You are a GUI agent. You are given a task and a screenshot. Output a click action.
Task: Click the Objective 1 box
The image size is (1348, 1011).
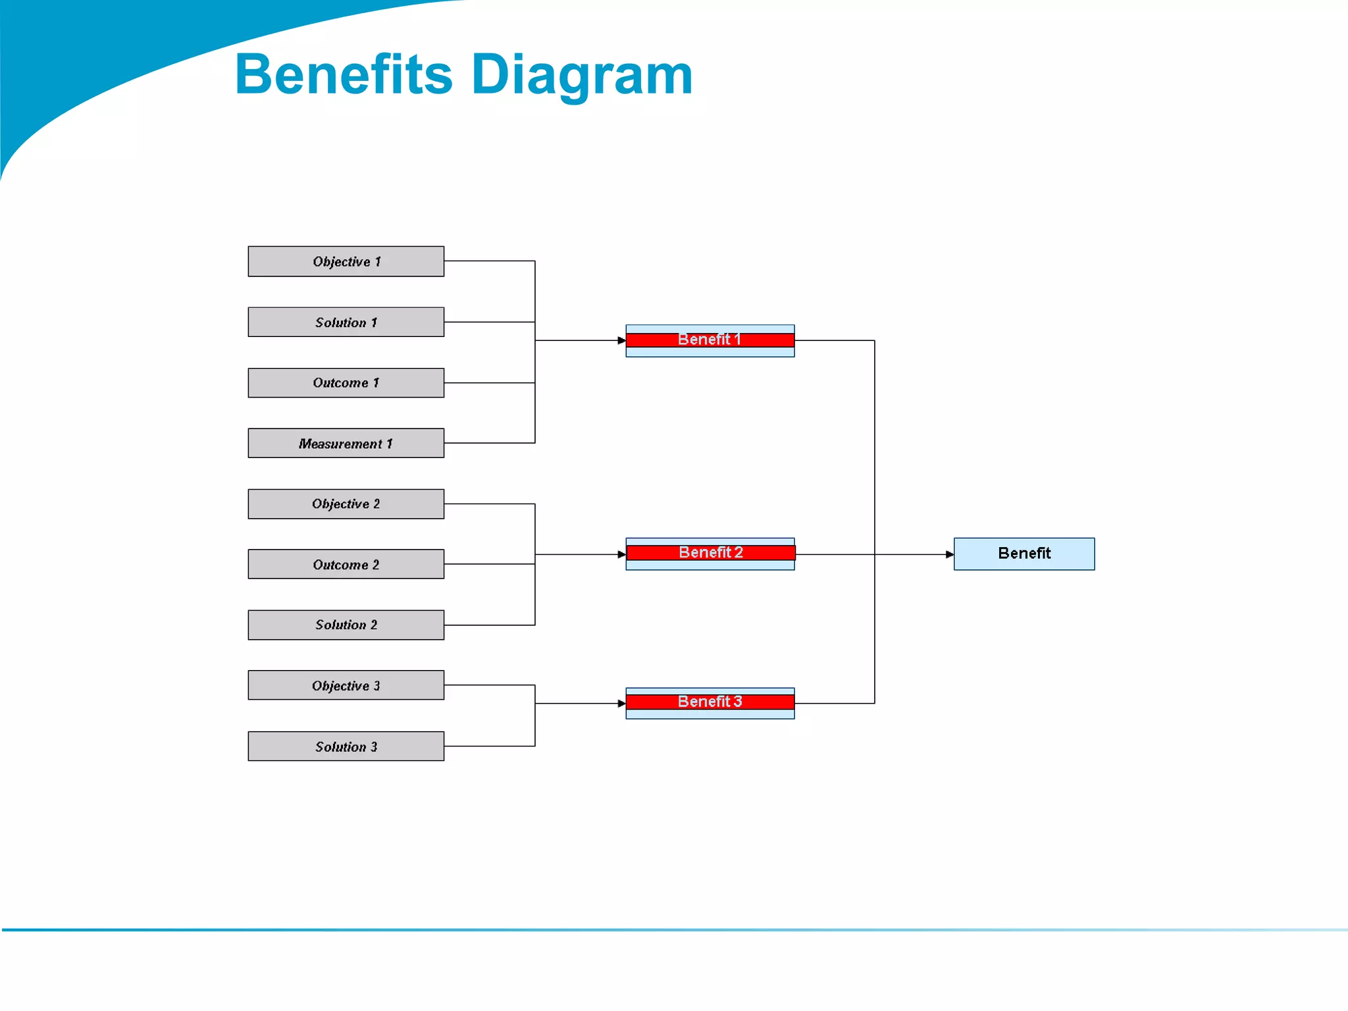click(x=346, y=261)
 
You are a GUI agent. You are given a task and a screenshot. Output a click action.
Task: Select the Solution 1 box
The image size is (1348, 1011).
click(x=346, y=322)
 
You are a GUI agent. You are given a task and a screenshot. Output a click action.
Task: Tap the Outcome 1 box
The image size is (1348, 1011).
click(x=346, y=382)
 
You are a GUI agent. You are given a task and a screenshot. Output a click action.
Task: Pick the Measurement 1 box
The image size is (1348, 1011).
click(x=346, y=443)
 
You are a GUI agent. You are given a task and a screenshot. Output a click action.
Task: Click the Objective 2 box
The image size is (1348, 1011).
click(x=346, y=504)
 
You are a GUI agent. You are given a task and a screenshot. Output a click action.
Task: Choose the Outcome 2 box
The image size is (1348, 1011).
click(x=346, y=564)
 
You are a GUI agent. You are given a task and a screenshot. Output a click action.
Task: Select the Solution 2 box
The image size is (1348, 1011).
click(x=346, y=625)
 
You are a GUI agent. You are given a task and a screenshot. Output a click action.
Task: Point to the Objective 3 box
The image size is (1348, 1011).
click(x=346, y=685)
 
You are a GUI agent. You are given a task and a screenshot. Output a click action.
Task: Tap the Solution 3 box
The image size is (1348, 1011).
click(x=346, y=746)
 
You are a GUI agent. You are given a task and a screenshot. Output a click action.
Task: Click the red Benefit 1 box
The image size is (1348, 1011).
click(x=710, y=340)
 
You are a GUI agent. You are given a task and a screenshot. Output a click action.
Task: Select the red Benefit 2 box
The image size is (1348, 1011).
click(x=710, y=553)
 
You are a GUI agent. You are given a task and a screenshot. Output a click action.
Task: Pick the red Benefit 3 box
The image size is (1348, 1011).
click(x=710, y=702)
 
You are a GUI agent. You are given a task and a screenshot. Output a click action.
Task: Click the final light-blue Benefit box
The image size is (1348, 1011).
click(x=1024, y=554)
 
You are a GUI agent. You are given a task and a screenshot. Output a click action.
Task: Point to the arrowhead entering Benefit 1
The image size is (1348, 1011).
click(x=621, y=340)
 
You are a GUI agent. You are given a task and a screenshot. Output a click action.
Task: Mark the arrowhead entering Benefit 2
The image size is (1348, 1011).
click(x=621, y=554)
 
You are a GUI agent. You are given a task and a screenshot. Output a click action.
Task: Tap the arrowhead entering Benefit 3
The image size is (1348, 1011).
click(x=621, y=704)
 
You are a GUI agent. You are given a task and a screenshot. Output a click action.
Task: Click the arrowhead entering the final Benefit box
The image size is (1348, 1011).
click(x=949, y=554)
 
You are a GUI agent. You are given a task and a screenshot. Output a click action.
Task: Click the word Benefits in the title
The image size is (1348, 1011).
click(x=343, y=74)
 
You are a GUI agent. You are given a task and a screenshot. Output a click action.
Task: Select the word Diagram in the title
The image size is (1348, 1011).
click(x=582, y=74)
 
